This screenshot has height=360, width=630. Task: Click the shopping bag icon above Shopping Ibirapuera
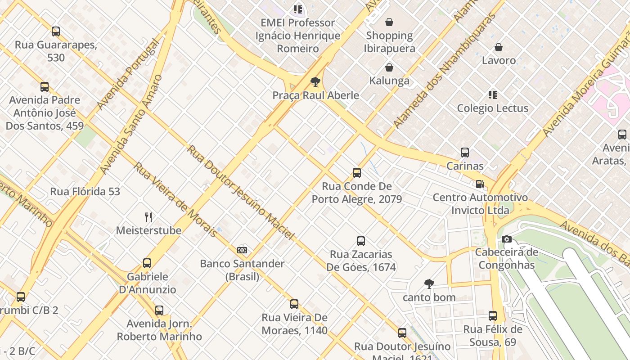coord(389,22)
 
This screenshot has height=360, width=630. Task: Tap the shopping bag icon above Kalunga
coord(389,67)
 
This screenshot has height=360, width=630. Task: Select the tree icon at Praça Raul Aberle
coord(315,82)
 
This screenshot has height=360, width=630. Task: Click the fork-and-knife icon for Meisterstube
coord(148,217)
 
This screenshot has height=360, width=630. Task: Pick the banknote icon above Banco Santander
coord(242,250)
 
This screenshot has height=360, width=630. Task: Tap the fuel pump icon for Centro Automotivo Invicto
coord(480,184)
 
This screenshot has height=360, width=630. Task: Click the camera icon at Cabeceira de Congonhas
coord(507,239)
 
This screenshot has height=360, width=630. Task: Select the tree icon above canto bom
coord(429,284)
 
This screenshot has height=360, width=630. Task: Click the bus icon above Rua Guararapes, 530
coord(56,31)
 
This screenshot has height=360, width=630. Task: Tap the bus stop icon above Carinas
coord(465,153)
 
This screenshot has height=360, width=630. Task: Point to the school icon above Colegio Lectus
coord(493,95)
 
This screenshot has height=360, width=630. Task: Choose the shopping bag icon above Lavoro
coord(499,47)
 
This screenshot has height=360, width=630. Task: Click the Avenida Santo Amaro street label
coord(131,125)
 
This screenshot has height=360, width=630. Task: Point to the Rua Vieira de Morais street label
coord(175,199)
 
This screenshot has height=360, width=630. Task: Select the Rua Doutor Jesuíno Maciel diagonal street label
coord(241,192)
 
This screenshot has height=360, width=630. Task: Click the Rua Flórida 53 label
coord(85,191)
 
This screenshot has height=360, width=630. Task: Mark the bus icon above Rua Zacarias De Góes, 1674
coord(361,241)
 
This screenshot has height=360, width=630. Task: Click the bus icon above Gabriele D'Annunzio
coord(147,263)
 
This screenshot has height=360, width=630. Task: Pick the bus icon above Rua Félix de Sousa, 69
coord(493,316)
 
